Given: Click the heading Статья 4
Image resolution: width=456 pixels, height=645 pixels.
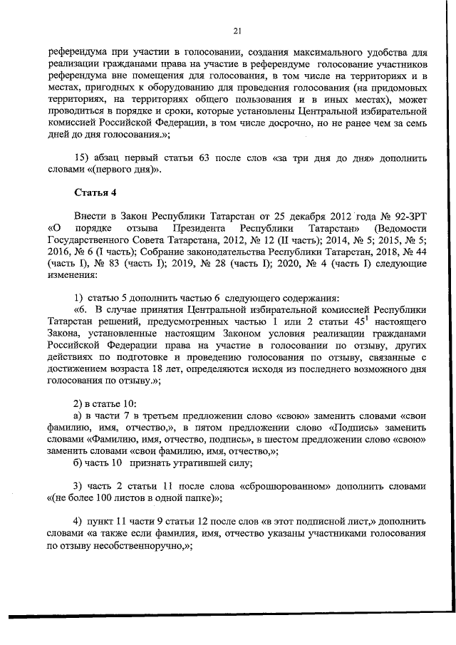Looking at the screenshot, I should [96, 192].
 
